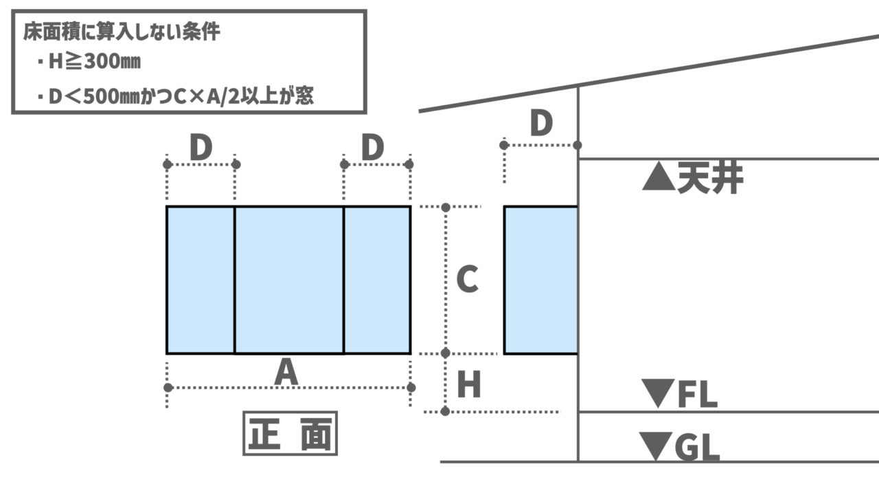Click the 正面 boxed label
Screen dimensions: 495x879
click(290, 433)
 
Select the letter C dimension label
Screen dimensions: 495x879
click(467, 280)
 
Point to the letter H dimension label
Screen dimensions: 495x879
click(469, 386)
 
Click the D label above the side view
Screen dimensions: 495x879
click(541, 124)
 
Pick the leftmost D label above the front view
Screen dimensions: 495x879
click(201, 148)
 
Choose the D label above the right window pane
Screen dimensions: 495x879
click(372, 148)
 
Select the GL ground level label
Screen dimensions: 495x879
click(697, 448)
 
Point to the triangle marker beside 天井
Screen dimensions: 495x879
click(658, 179)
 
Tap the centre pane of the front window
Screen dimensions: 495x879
click(289, 280)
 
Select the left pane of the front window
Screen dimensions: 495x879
click(201, 280)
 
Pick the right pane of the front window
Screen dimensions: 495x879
click(377, 280)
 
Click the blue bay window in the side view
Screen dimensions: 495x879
click(540, 280)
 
